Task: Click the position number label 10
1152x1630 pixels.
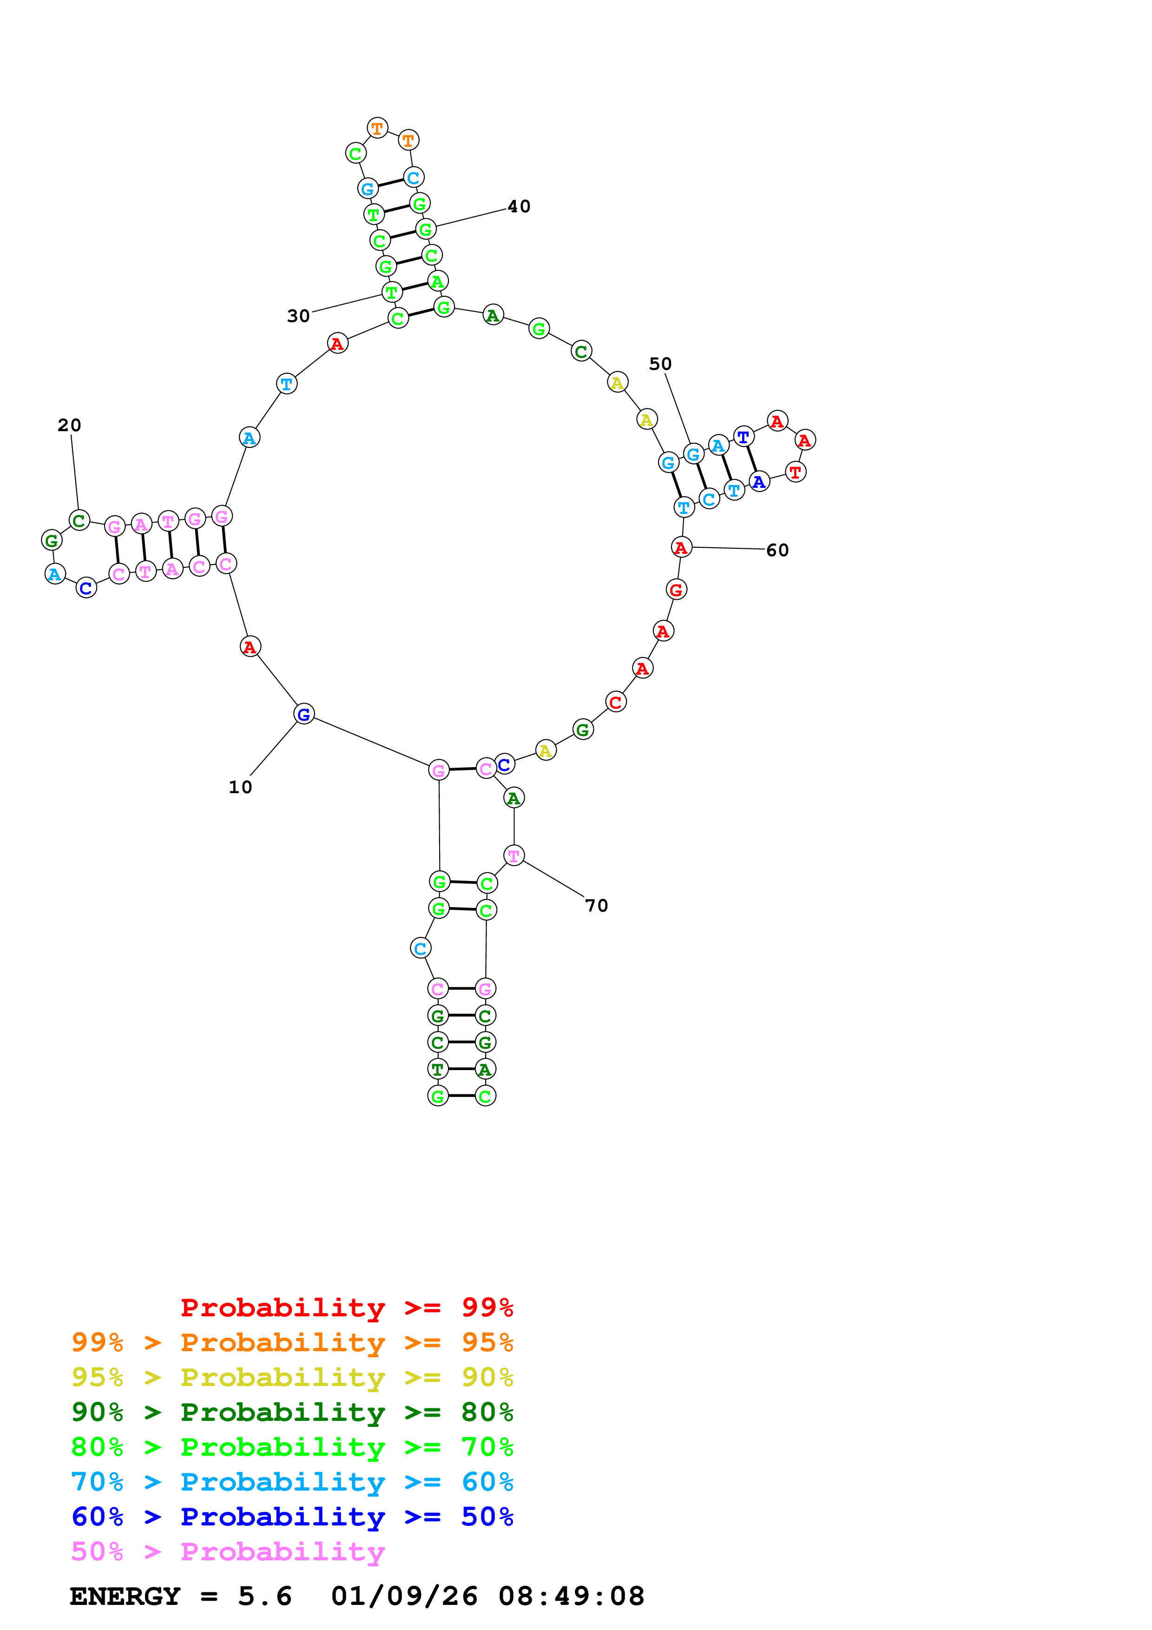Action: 240,787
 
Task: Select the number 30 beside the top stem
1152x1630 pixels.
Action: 298,316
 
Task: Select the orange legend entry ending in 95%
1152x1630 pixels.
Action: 292,1342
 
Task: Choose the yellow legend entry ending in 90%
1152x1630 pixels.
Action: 292,1377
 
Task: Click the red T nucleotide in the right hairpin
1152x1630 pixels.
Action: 795,472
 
